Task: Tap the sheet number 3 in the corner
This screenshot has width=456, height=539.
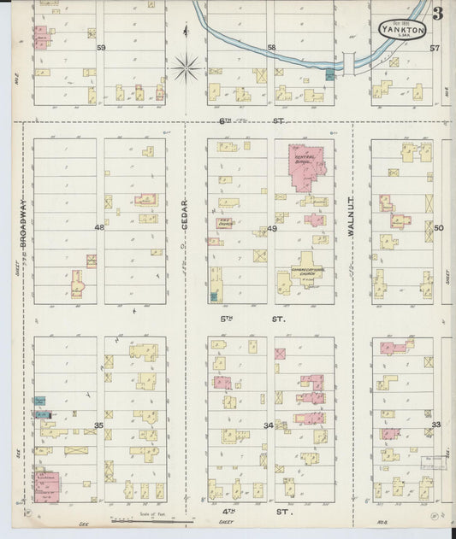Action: pyautogui.click(x=437, y=14)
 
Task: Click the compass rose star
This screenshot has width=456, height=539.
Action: pyautogui.click(x=187, y=66)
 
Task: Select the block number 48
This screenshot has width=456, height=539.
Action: pyautogui.click(x=99, y=227)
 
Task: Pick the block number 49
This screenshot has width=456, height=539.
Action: pyautogui.click(x=272, y=228)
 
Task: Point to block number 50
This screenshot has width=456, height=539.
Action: pyautogui.click(x=438, y=228)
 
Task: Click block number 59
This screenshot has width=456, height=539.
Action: pyautogui.click(x=101, y=48)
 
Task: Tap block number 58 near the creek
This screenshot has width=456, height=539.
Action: pyautogui.click(x=272, y=48)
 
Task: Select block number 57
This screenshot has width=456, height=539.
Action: pyautogui.click(x=435, y=48)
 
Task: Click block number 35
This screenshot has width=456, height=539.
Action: pyautogui.click(x=99, y=425)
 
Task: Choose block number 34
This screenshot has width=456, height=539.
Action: pyautogui.click(x=269, y=425)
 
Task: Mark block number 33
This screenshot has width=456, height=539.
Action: pyautogui.click(x=435, y=425)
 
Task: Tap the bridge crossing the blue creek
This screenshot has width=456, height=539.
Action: pyautogui.click(x=349, y=62)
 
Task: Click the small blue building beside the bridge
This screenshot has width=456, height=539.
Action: pyautogui.click(x=330, y=75)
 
